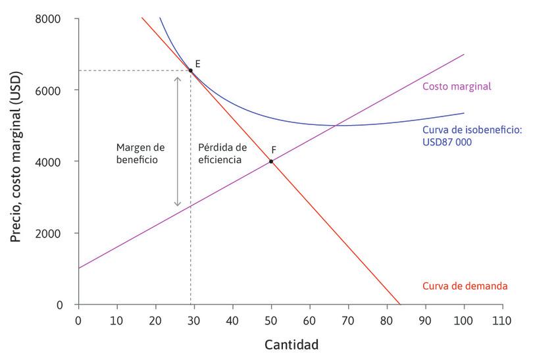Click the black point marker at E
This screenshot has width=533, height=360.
coord(191,70)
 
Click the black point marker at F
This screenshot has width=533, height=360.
coord(271,161)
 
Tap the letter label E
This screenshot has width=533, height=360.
coord(197,63)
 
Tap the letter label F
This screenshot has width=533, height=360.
coord(273,150)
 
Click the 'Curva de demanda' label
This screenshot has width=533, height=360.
coord(464,286)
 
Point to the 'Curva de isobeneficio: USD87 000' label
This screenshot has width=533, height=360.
coord(472,136)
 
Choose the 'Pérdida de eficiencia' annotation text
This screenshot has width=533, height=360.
coord(222,153)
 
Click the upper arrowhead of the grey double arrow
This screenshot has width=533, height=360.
coord(177,78)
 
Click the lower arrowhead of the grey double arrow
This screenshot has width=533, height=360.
coord(177,204)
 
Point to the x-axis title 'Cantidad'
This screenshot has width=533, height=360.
coord(292,344)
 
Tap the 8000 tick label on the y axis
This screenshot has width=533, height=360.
coord(49,18)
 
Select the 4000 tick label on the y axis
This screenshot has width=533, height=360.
coord(49,162)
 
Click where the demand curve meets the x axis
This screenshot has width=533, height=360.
coord(399,305)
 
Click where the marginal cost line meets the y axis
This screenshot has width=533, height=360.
coord(78,269)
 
